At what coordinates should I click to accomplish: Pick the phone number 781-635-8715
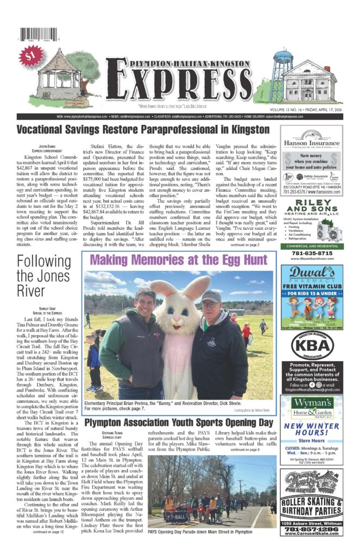[312, 253]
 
